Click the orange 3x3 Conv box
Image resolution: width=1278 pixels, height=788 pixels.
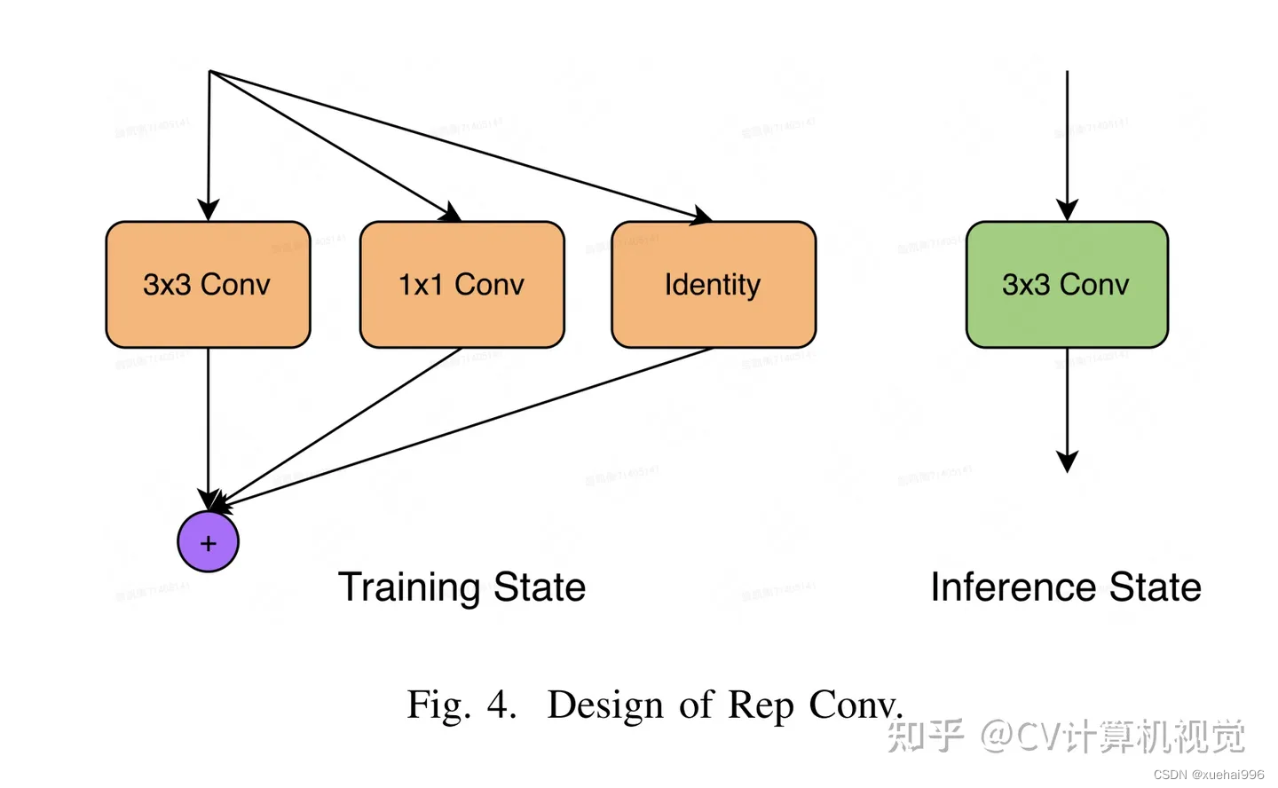pyautogui.click(x=208, y=285)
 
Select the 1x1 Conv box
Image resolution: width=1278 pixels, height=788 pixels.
pyautogui.click(x=461, y=285)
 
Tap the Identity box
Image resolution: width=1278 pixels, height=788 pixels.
pyautogui.click(x=713, y=285)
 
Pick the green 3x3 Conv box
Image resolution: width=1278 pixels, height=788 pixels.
pyautogui.click(x=1066, y=285)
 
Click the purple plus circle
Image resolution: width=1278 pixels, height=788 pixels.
pyautogui.click(x=209, y=542)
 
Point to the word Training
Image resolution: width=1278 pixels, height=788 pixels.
pyautogui.click(x=409, y=588)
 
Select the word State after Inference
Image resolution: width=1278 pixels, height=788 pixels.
pyautogui.click(x=1155, y=587)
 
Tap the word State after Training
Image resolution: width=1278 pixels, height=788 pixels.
pyautogui.click(x=539, y=587)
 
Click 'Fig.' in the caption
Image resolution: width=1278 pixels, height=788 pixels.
pyautogui.click(x=438, y=705)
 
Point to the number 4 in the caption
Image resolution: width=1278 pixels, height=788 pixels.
pyautogui.click(x=500, y=705)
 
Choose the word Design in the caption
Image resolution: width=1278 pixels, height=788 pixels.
pyautogui.click(x=604, y=705)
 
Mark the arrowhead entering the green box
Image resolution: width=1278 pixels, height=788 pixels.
pyautogui.click(x=1067, y=210)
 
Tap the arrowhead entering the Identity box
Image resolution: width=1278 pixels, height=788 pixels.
pyautogui.click(x=702, y=216)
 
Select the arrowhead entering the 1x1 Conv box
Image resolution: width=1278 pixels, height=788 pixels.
pyautogui.click(x=452, y=212)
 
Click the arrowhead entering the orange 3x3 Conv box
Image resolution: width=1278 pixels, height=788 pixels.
pyautogui.click(x=209, y=210)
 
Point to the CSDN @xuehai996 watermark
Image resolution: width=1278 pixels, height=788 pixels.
pyautogui.click(x=1209, y=775)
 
